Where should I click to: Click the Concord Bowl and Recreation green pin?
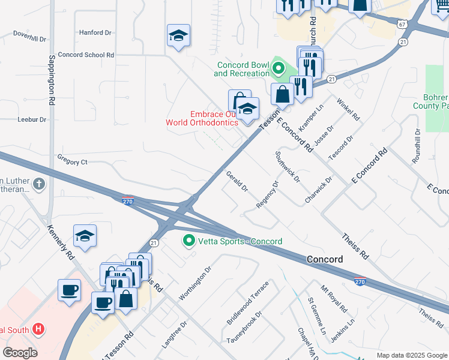click(277, 69)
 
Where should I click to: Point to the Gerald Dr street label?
click(237, 182)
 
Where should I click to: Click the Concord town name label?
click(324, 260)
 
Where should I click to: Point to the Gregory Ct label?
click(72, 162)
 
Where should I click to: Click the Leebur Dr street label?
click(32, 119)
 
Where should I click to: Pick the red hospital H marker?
click(38, 329)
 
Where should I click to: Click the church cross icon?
click(39, 184)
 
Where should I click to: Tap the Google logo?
click(20, 352)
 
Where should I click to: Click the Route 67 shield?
click(402, 24)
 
